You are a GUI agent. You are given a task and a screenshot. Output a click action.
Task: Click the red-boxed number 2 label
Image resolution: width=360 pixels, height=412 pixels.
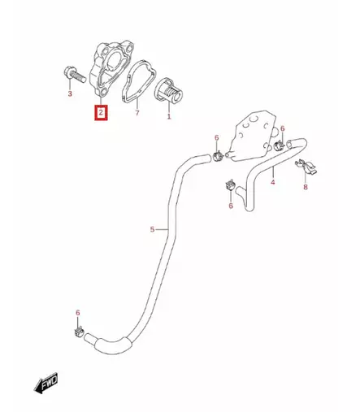101,112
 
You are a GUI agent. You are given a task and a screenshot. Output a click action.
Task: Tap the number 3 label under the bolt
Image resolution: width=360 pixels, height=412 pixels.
70,93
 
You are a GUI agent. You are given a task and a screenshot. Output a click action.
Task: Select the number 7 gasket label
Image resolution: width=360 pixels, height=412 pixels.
137,113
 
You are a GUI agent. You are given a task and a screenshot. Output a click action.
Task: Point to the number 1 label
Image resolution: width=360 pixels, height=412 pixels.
169,117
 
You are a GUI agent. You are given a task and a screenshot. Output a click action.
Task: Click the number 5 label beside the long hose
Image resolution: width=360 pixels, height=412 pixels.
152,229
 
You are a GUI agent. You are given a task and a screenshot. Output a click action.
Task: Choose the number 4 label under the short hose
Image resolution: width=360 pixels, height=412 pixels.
273,182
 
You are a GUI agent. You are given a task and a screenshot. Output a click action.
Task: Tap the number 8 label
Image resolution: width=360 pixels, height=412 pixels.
306,187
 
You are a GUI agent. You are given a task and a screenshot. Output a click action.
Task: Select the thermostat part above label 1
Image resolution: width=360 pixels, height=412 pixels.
168,91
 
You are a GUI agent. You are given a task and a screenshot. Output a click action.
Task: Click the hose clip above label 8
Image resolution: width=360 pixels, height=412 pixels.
306,167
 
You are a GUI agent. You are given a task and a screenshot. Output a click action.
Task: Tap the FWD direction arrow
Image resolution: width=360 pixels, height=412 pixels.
46,383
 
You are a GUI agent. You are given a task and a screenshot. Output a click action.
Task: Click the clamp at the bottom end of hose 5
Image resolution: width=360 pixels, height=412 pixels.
79,332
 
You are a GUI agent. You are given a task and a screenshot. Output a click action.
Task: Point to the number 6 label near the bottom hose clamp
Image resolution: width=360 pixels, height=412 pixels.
78,313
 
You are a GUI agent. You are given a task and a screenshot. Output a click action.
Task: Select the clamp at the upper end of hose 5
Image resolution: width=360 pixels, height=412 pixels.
218,156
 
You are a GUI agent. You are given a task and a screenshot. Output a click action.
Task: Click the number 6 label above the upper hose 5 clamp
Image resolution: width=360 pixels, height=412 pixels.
217,138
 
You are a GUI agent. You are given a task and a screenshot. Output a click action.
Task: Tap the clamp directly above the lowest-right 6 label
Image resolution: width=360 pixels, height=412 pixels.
231,186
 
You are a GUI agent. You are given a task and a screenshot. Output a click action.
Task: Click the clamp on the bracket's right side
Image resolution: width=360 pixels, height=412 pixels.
279,146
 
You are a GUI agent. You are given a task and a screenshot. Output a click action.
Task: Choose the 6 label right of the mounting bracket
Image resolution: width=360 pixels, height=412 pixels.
283,128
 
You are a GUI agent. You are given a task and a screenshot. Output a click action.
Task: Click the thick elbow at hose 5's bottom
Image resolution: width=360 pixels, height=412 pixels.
112,344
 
